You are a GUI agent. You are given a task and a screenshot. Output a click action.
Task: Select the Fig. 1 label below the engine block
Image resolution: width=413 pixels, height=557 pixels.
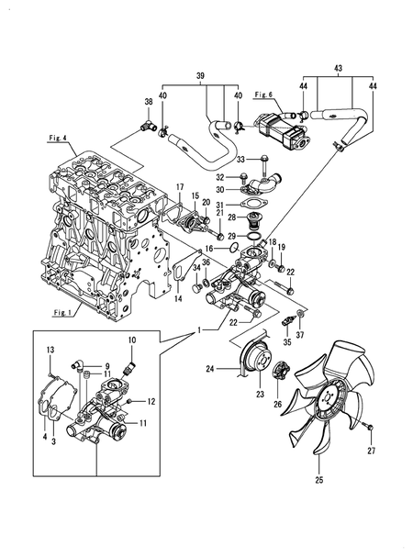click(61, 311)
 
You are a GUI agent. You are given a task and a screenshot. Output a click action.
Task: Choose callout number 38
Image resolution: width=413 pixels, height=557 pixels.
click(148, 102)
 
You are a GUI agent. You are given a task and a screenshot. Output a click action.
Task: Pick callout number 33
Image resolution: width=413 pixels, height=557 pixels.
click(242, 160)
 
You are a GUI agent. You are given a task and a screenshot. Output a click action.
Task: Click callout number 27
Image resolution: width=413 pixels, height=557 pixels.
click(372, 451)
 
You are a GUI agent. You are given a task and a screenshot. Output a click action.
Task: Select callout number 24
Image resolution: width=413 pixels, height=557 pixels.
click(209, 371)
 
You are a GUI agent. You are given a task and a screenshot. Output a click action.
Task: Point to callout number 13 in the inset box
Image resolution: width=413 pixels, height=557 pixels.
click(50, 350)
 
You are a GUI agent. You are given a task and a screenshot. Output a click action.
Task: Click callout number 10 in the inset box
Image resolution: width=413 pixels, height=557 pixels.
click(130, 340)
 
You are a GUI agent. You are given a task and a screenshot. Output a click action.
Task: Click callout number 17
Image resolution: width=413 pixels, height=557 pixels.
click(180, 187)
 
